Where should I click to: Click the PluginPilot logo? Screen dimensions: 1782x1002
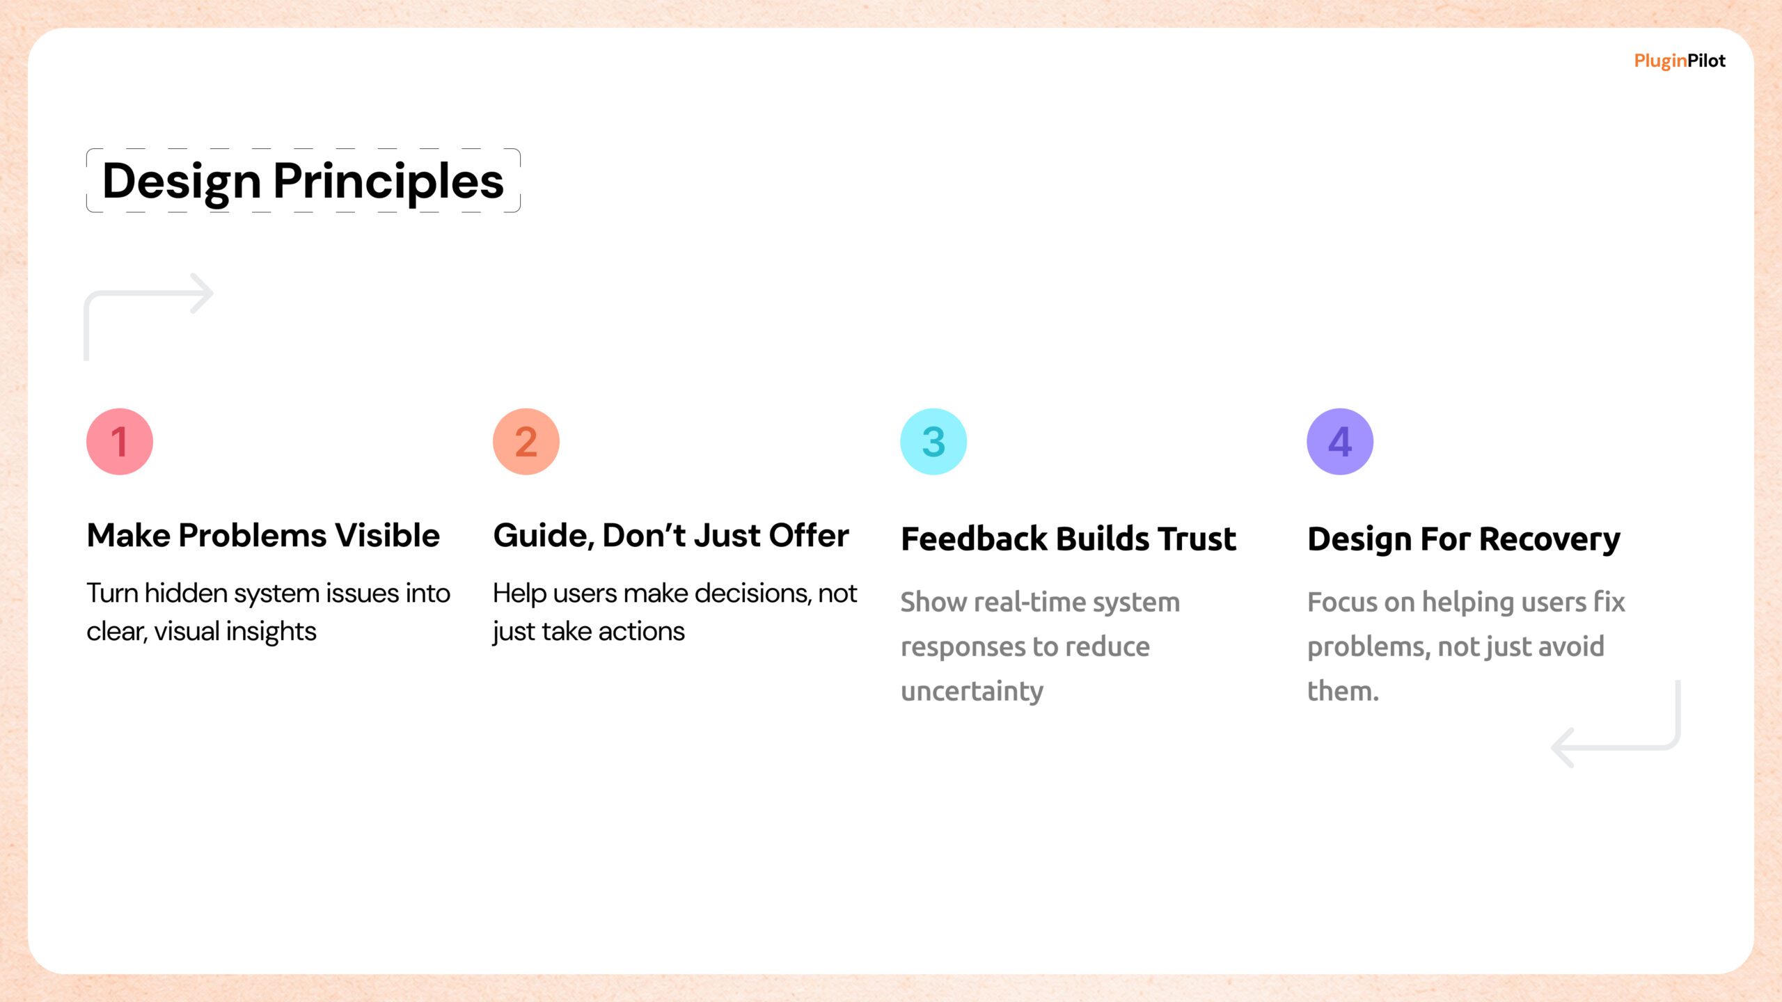click(1680, 61)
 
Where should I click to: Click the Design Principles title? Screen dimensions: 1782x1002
click(303, 181)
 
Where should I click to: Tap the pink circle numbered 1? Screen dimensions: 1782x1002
click(120, 442)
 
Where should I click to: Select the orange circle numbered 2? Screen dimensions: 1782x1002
click(526, 442)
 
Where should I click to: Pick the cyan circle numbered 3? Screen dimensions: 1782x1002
click(933, 442)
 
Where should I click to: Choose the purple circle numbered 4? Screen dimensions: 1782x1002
click(1340, 442)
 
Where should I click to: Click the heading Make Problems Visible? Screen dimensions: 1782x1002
click(263, 536)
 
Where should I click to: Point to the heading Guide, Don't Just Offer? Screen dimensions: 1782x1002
click(671, 536)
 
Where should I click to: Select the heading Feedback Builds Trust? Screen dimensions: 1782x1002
click(1069, 539)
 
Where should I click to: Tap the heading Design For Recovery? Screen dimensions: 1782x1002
click(1464, 540)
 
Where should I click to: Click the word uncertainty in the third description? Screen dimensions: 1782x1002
click(972, 692)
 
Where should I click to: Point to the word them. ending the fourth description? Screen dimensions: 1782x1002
click(1343, 691)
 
